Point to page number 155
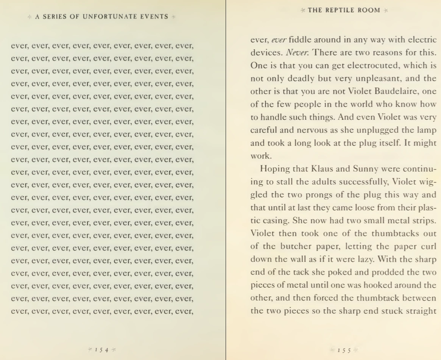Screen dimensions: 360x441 click(x=344, y=350)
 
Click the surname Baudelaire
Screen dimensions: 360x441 click(x=396, y=91)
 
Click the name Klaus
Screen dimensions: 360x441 click(x=323, y=169)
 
